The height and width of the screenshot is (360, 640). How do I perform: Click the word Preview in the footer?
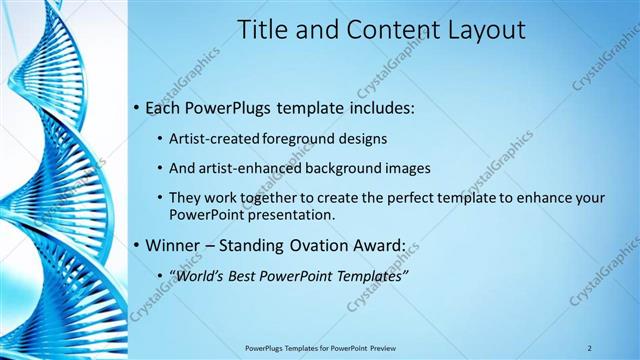click(381, 347)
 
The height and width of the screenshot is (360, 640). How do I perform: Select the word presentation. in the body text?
click(289, 214)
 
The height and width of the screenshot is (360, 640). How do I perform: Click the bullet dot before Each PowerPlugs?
click(136, 107)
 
